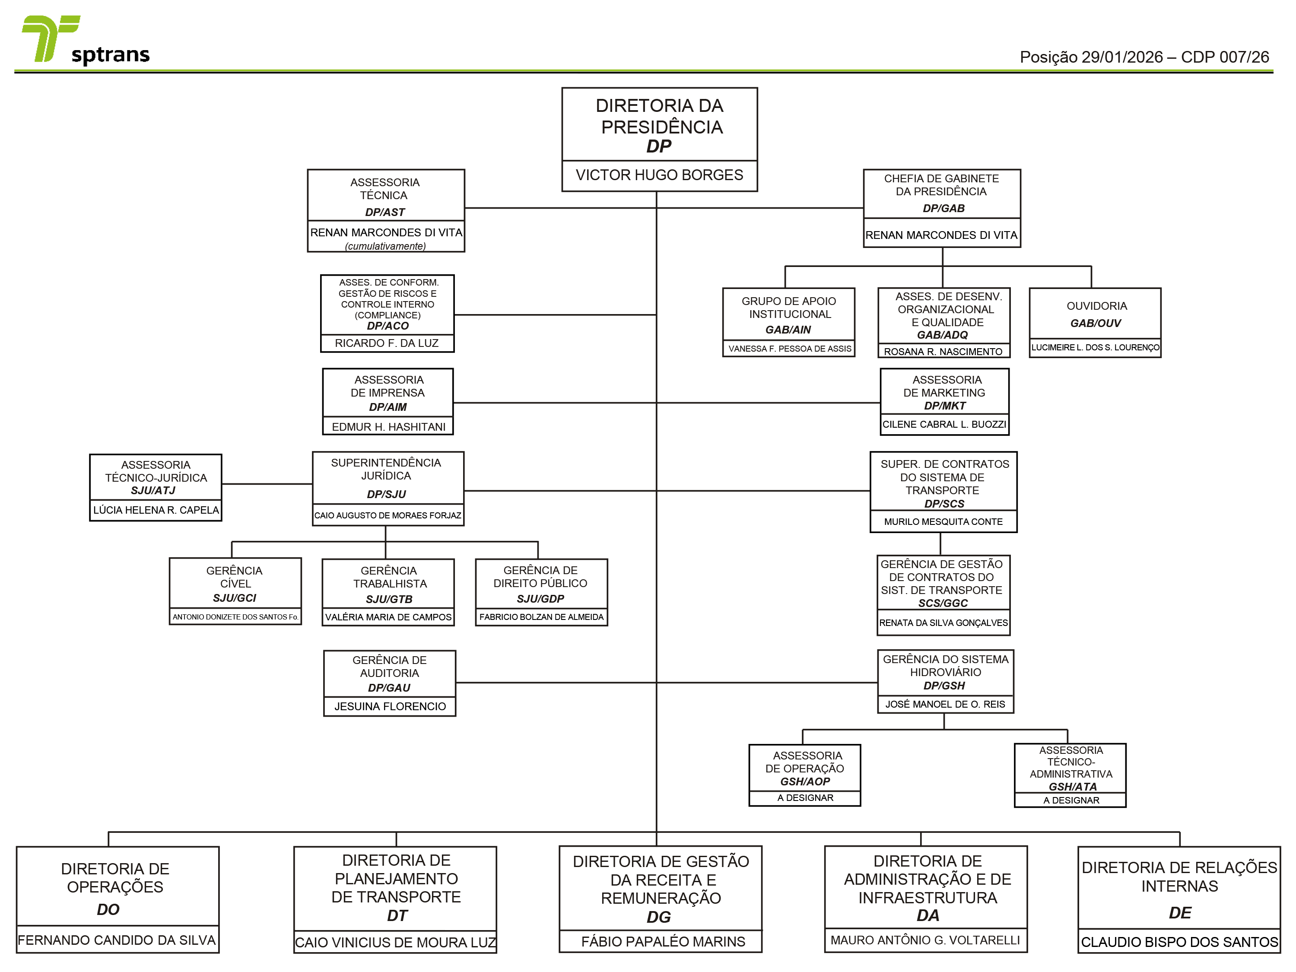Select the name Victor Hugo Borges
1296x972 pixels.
click(x=659, y=175)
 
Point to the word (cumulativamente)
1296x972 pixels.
click(x=385, y=246)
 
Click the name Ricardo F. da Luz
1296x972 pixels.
click(x=387, y=343)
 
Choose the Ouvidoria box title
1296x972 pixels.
click(x=1096, y=306)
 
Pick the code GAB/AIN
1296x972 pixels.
click(x=788, y=330)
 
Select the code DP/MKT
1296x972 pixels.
click(x=944, y=406)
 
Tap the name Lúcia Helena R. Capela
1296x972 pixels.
click(x=156, y=510)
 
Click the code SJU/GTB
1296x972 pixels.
click(x=389, y=599)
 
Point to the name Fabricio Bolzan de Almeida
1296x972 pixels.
click(x=541, y=617)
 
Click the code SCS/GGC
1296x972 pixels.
click(x=943, y=604)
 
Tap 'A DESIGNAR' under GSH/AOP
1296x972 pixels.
click(x=805, y=798)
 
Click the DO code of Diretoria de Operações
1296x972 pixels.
click(x=108, y=910)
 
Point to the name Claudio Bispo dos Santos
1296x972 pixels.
click(x=1179, y=943)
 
